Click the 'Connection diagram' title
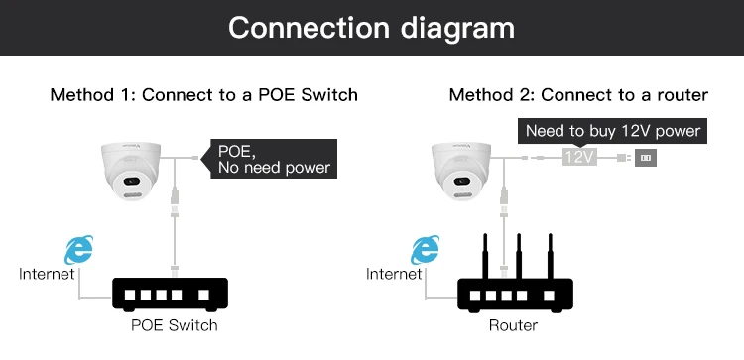point(372,28)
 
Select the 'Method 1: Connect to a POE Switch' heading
point(204,95)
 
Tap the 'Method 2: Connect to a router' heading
point(578,95)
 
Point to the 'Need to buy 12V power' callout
point(613,131)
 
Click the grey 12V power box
point(579,157)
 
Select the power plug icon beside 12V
point(646,158)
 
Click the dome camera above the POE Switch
point(131,170)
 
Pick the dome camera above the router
point(460,170)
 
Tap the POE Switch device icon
point(170,295)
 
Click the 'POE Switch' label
point(175,325)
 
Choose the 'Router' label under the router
point(513,325)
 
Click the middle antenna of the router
point(518,256)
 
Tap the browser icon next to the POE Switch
point(78,250)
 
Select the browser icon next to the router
point(426,250)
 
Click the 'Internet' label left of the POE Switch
point(47,274)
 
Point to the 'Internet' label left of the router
point(394,274)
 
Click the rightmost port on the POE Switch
point(203,295)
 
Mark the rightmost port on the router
point(549,296)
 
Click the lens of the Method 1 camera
point(131,181)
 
